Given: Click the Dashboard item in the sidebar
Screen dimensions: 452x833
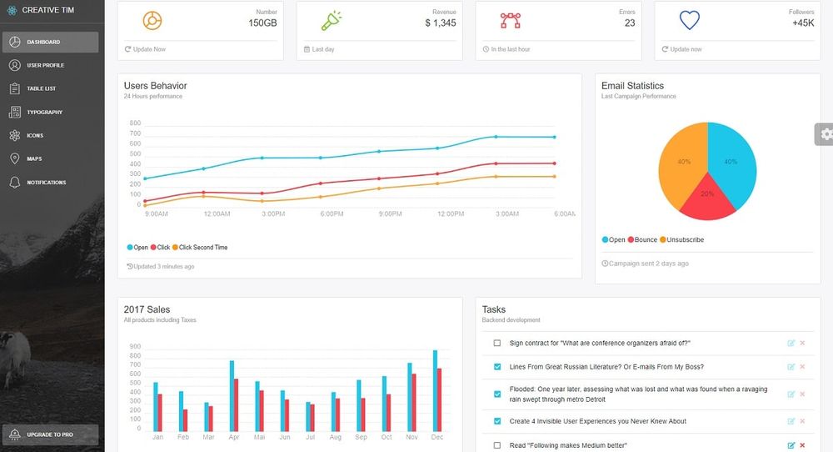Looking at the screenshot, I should point(50,42).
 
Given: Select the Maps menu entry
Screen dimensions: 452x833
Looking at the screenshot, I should point(34,158).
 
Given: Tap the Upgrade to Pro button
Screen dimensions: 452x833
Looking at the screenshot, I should point(50,434).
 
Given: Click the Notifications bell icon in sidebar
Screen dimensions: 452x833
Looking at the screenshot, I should point(15,182).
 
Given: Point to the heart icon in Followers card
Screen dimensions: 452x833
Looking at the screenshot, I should point(689,20).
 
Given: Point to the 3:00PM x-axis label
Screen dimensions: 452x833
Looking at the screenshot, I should point(273,214).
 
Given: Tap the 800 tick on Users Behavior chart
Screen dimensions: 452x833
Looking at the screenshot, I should point(135,123).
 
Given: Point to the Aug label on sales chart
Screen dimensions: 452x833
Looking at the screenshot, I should point(335,437).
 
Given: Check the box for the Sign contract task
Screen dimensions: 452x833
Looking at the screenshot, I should point(497,343).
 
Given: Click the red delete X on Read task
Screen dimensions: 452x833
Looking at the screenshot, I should point(802,445).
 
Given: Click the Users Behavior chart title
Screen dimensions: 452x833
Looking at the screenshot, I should point(155,86).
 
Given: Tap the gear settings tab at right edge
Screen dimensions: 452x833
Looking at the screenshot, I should point(825,133).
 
